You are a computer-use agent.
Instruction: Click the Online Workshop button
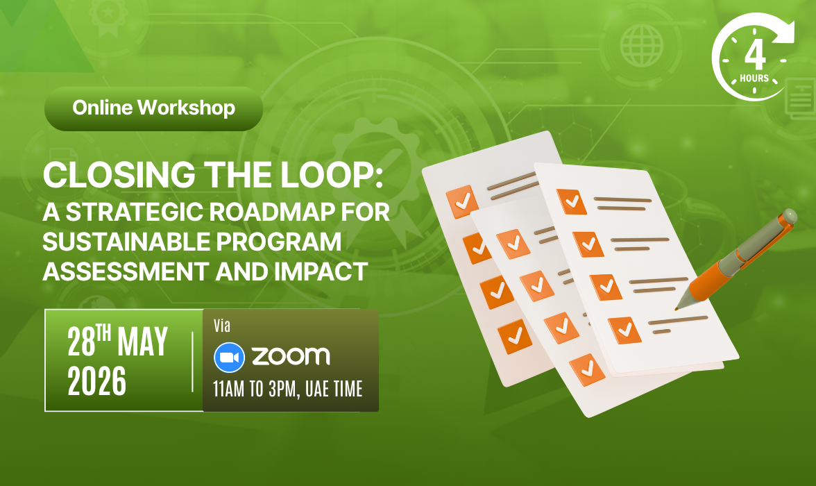153,108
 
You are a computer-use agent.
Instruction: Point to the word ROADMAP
272,212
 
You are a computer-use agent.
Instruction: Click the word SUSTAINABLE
126,242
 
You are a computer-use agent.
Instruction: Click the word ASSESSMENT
126,271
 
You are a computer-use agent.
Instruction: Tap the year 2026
97,380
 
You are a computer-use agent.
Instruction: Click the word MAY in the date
143,341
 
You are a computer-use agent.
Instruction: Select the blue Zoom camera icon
229,358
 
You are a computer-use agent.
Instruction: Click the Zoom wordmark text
291,356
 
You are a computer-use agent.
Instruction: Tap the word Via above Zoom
222,326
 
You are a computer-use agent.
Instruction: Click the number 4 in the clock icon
755,55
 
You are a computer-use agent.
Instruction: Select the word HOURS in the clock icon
754,78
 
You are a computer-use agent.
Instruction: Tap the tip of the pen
677,308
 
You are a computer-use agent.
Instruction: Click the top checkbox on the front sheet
572,201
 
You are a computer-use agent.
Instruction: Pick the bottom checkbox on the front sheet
624,330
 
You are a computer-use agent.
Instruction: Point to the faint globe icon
642,46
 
